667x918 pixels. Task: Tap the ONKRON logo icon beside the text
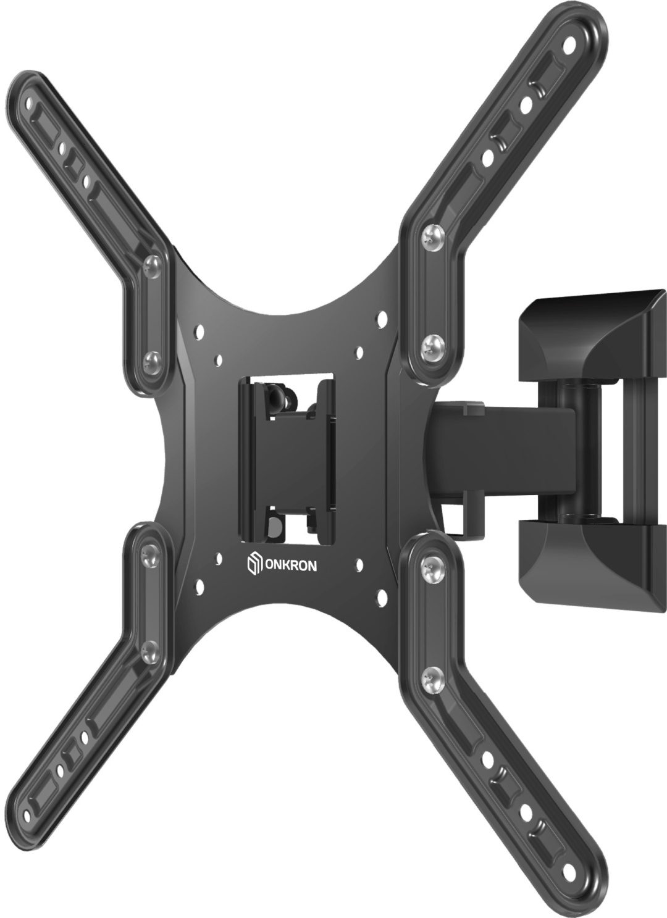254,564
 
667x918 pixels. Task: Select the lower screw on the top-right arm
433,345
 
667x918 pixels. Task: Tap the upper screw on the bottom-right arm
433,567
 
